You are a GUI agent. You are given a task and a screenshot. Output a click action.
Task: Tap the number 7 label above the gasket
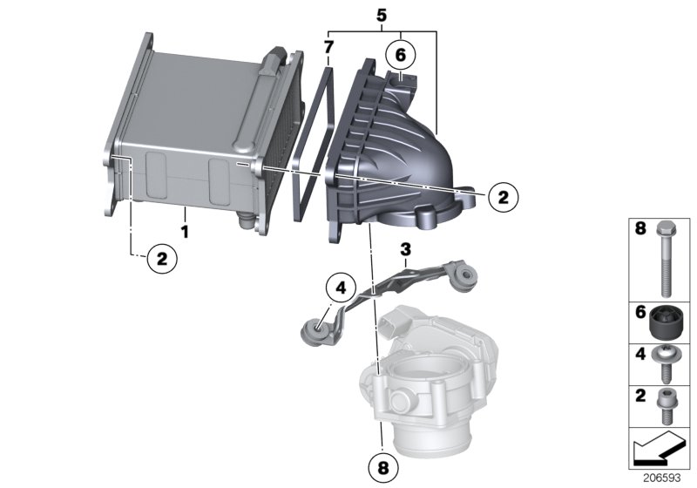328,44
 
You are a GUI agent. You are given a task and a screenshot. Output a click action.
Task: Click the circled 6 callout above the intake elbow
400,55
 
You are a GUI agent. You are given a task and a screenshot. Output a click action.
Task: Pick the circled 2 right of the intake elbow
502,198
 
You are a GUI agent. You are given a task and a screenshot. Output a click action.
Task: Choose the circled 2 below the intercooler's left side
160,257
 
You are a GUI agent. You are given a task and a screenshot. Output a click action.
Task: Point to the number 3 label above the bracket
404,250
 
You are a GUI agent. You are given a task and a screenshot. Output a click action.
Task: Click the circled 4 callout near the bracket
341,286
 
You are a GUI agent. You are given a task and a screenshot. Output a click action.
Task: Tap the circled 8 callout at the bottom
381,467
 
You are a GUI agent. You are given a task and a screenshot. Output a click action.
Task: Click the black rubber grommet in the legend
667,324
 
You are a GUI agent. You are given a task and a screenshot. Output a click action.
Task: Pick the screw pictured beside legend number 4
665,367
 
